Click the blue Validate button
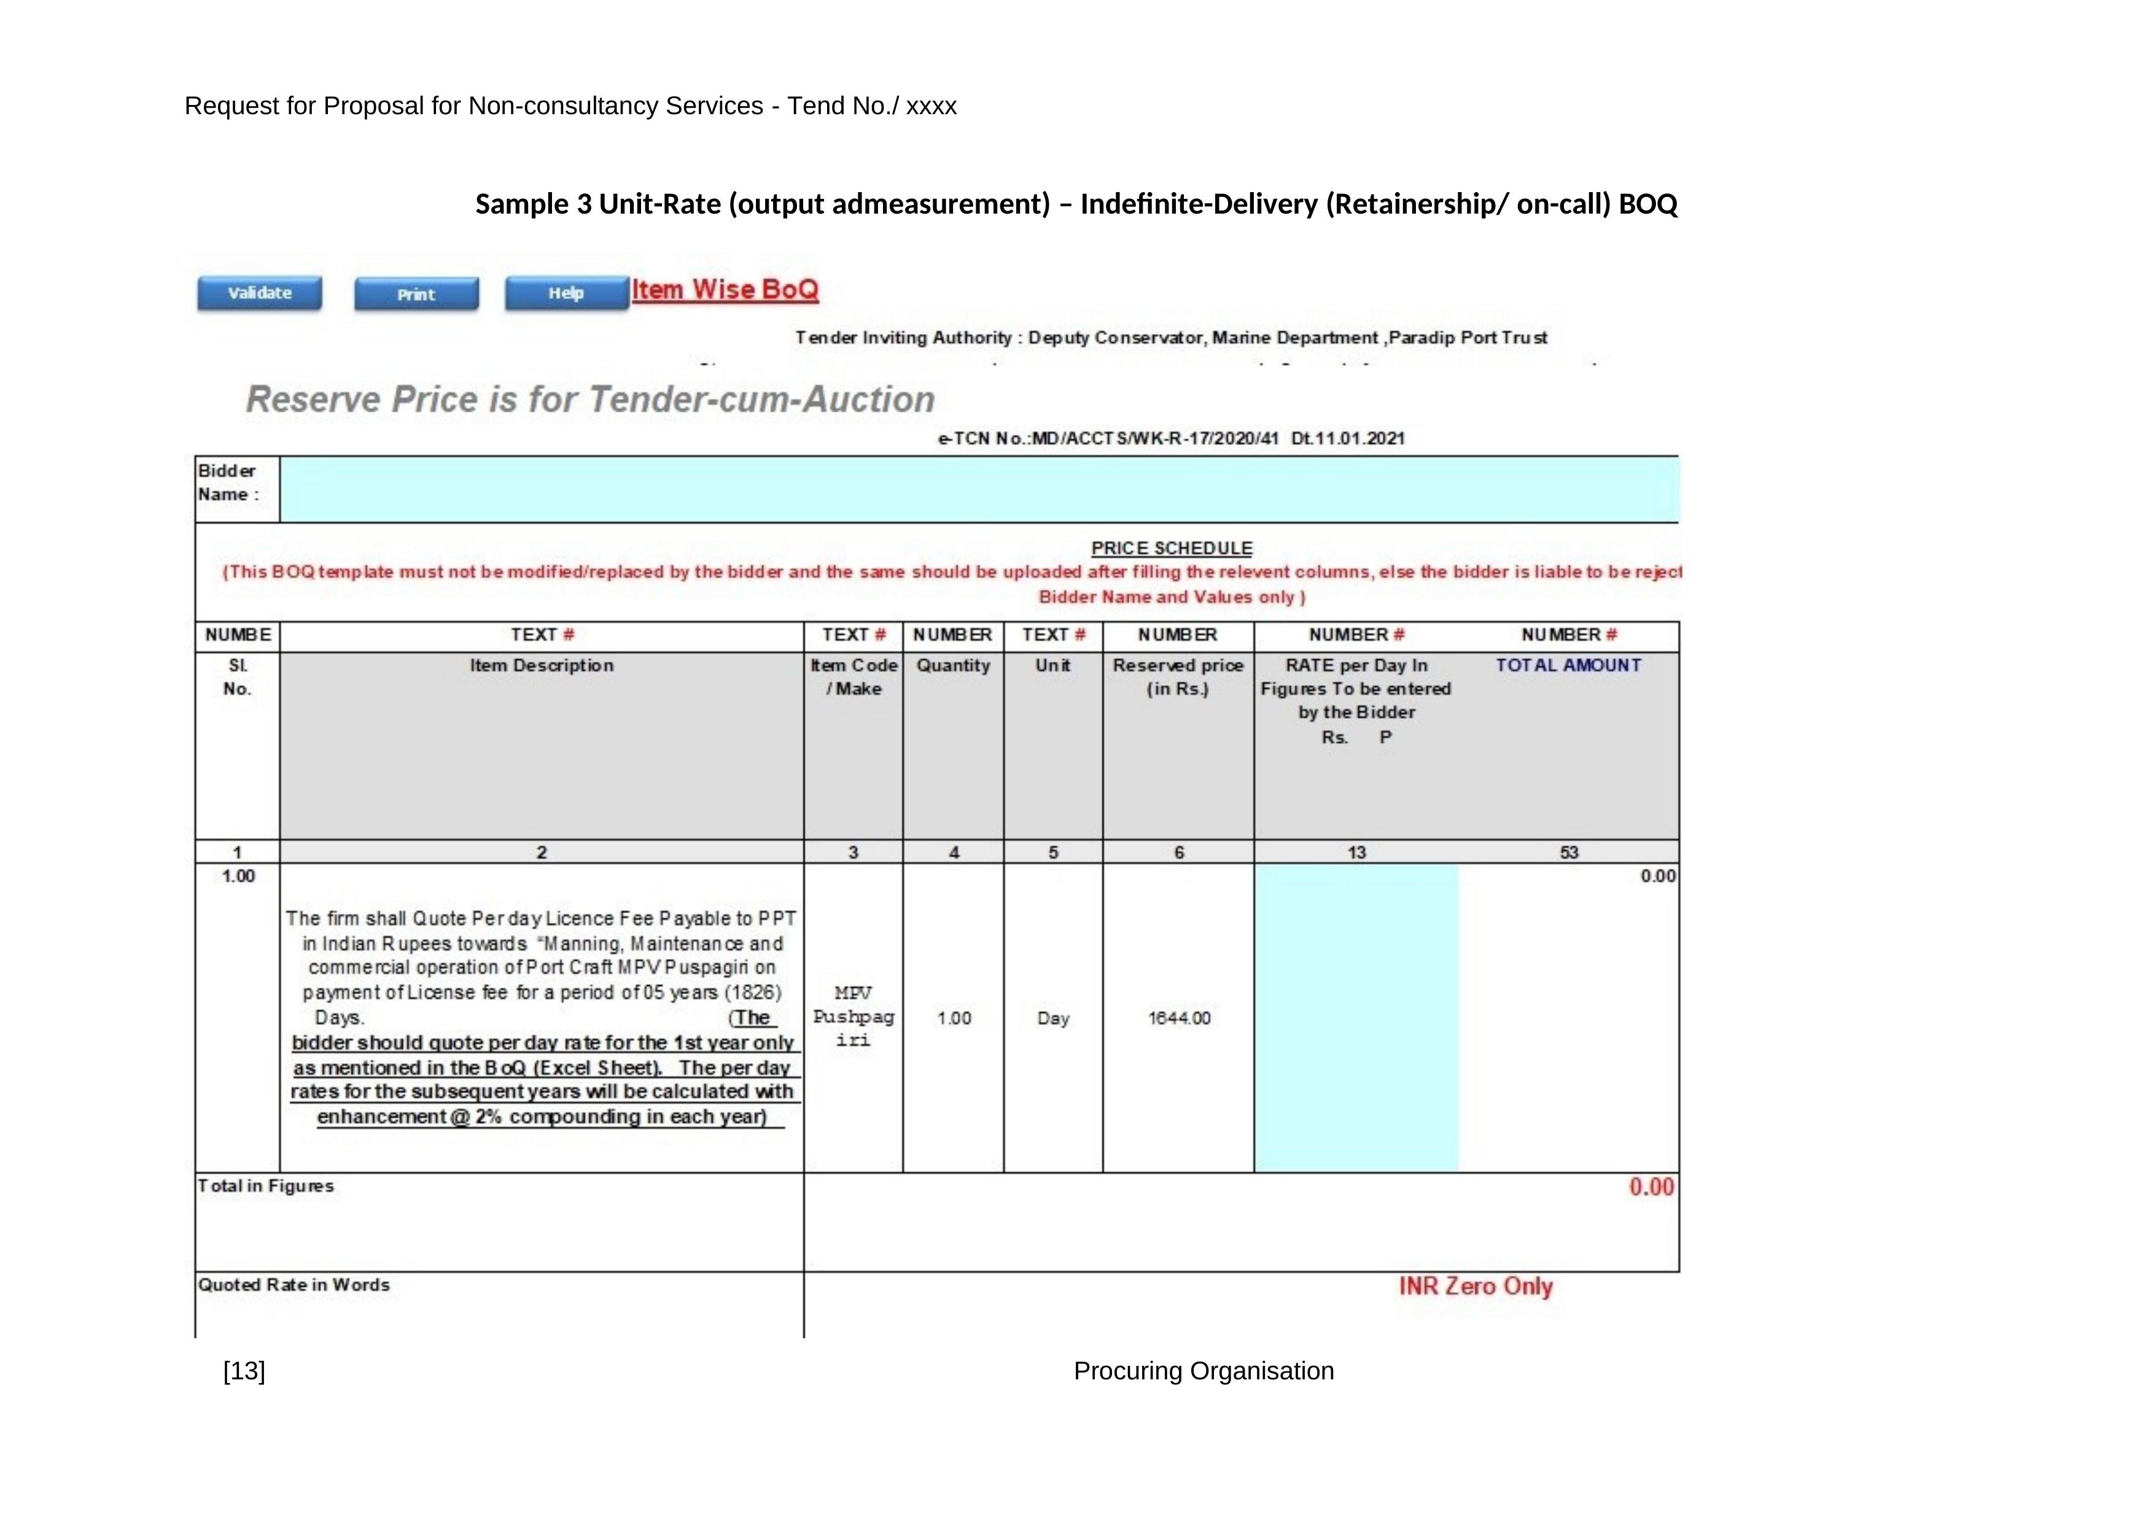[x=259, y=293]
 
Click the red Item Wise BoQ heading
[x=725, y=290]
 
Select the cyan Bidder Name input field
[x=979, y=489]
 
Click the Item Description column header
[x=542, y=666]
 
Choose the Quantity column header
[x=953, y=666]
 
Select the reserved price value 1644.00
[x=1180, y=1018]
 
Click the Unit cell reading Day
[x=1052, y=1018]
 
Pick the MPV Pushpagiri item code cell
[x=853, y=1017]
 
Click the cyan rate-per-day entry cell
[x=1356, y=1018]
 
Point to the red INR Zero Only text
[x=1475, y=1287]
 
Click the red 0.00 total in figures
[x=1651, y=1187]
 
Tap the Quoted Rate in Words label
[x=294, y=1285]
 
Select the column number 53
[x=1569, y=853]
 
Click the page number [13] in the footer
[x=244, y=1371]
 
